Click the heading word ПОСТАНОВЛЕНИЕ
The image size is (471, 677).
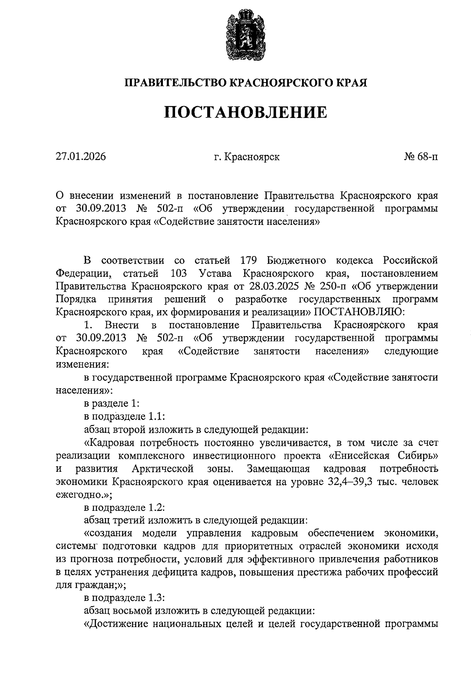coord(245,112)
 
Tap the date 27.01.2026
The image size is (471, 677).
coord(80,157)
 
